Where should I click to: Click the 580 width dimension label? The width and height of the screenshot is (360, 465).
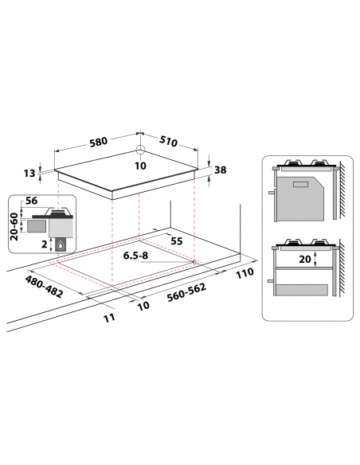[x=99, y=142]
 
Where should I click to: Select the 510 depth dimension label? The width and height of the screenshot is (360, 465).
[x=168, y=141]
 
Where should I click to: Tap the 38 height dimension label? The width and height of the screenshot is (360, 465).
[x=220, y=170]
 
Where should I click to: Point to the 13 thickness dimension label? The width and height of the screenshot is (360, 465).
[x=29, y=174]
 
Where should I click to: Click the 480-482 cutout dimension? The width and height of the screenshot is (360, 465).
[x=44, y=287]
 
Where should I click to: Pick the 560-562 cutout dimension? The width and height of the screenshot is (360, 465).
[x=186, y=292]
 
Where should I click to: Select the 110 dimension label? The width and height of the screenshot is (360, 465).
[x=245, y=273]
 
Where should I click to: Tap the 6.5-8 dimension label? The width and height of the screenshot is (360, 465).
[x=135, y=256]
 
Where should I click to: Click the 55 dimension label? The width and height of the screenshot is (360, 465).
[x=177, y=241]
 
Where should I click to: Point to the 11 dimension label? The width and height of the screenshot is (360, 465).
[x=109, y=318]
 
